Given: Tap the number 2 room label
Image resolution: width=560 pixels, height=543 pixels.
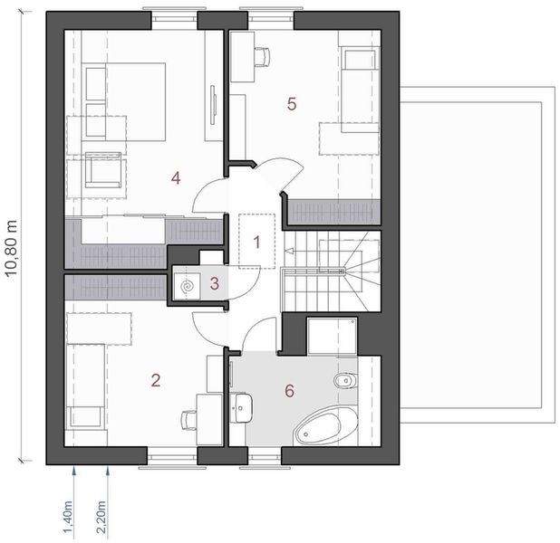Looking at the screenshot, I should click(156, 380).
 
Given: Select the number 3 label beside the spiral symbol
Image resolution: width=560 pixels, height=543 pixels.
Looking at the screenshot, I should click(214, 283).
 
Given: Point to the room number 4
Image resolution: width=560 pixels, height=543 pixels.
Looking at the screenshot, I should click(176, 178).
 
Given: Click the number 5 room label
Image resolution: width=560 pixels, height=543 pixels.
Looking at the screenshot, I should click(291, 103).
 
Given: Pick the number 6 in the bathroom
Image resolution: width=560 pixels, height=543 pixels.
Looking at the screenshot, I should click(289, 391).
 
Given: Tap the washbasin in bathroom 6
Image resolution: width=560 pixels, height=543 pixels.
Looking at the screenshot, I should click(242, 407).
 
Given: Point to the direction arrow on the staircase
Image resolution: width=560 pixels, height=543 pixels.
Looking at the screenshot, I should click(289, 250).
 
